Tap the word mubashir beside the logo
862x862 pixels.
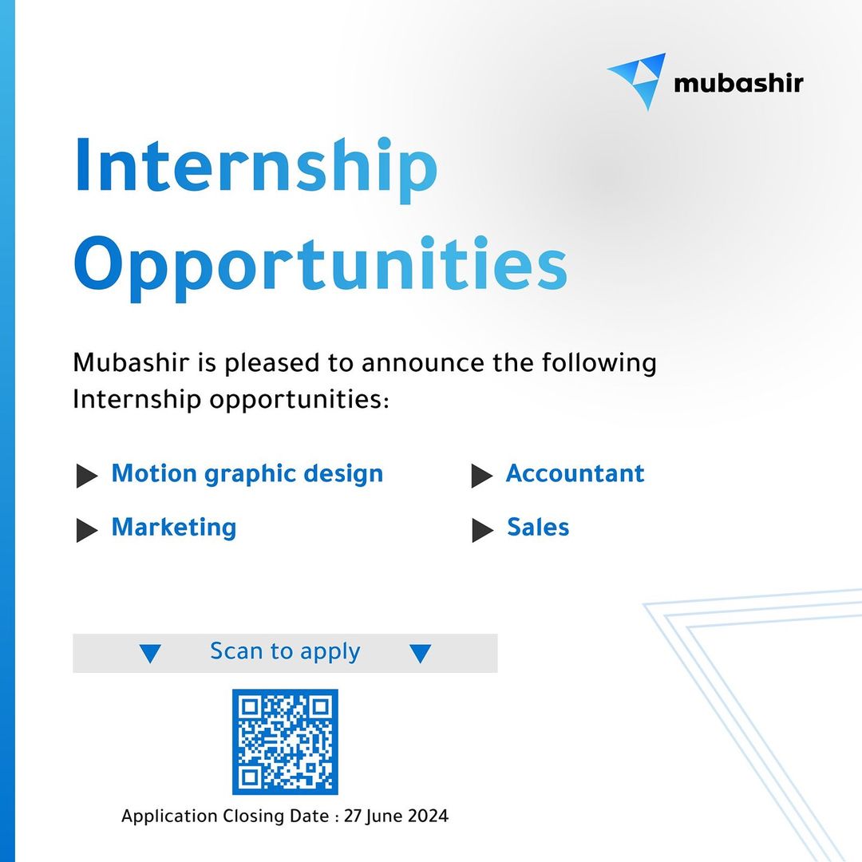click(738, 83)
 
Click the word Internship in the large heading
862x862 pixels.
click(255, 168)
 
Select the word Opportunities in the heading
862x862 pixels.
click(321, 267)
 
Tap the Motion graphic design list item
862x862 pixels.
click(247, 474)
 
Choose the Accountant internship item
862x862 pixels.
click(575, 473)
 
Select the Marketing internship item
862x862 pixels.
click(174, 528)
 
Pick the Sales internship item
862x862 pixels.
click(538, 527)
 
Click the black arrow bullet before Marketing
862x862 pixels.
click(87, 530)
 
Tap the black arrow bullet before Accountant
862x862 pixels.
click(482, 476)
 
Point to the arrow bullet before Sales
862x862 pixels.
click(483, 530)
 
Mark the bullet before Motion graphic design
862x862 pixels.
click(87, 476)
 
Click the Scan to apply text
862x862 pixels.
click(285, 652)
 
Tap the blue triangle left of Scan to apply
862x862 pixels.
click(150, 653)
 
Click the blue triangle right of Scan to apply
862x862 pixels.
click(420, 653)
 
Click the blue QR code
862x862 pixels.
click(285, 741)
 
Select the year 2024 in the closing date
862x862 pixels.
click(428, 816)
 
